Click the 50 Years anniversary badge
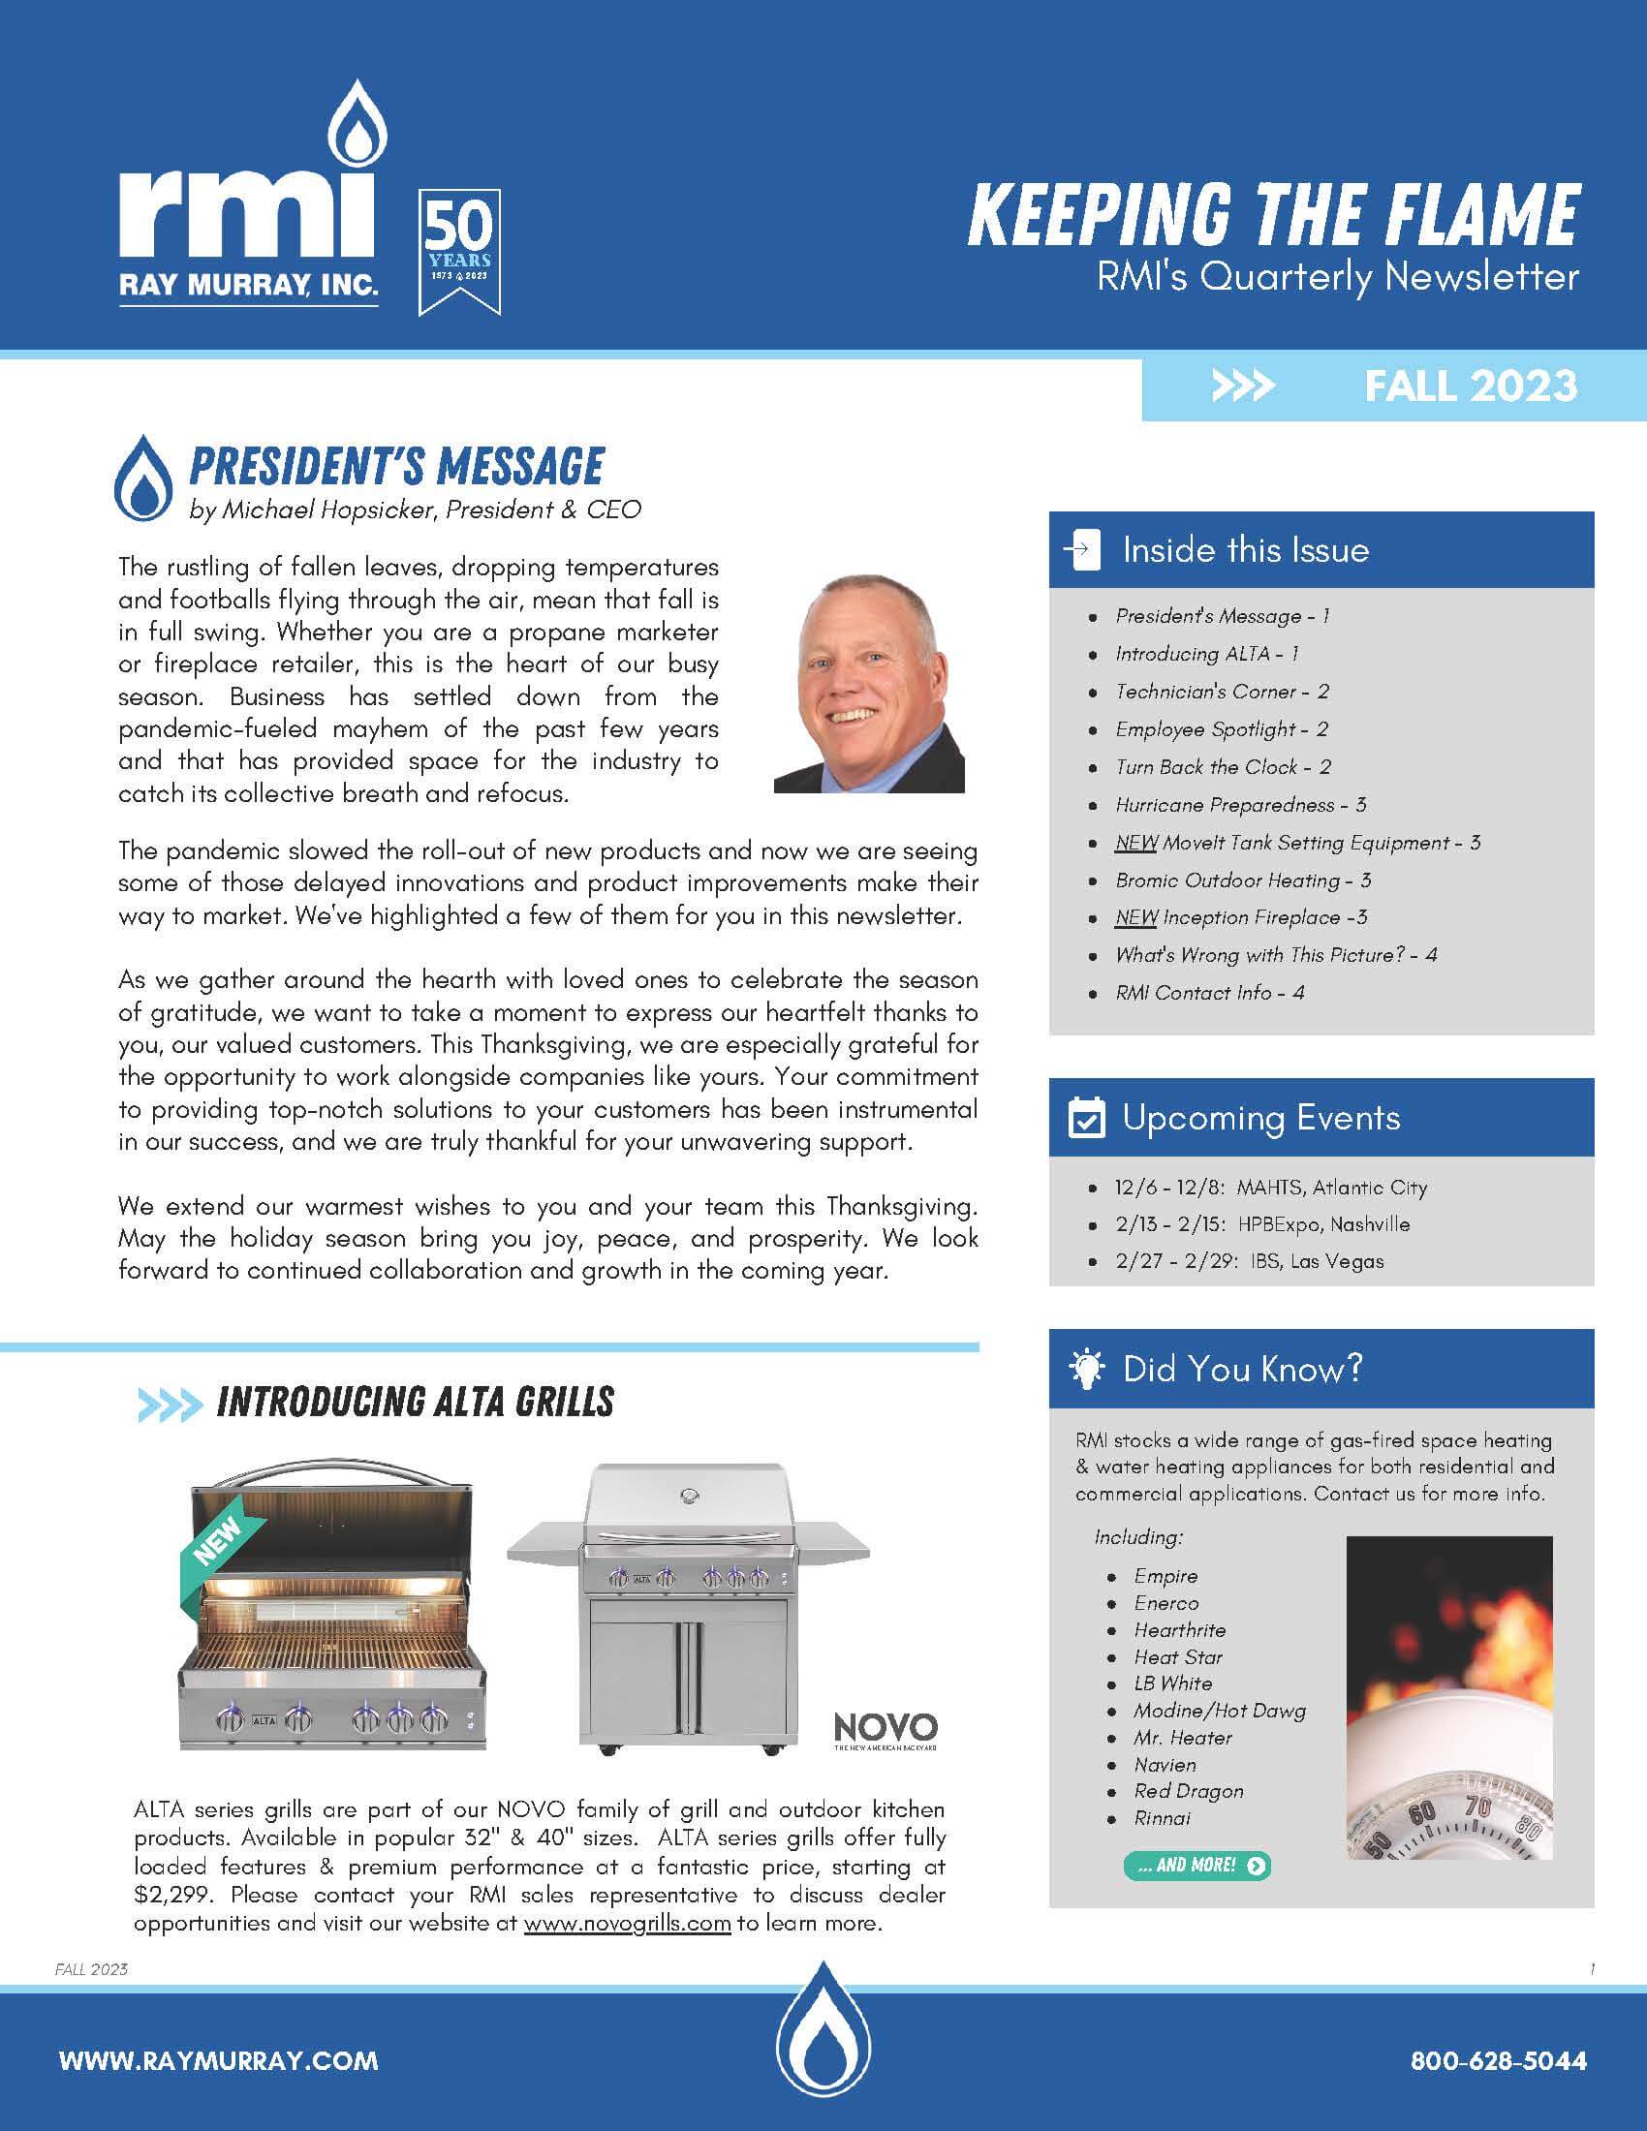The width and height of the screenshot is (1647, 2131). pos(459,252)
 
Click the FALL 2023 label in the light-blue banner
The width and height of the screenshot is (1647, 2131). pos(1470,386)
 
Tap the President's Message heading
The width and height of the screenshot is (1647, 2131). pos(396,467)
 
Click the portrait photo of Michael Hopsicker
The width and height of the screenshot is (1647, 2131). pos(868,684)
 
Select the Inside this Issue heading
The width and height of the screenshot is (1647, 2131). pos(1245,550)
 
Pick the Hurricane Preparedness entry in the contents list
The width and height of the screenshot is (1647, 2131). pos(1240,805)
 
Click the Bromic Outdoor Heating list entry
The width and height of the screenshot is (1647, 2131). pos(1243,880)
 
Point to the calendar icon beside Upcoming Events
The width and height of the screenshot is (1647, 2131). pos(1086,1118)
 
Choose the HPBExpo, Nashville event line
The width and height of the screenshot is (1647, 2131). pos(1261,1224)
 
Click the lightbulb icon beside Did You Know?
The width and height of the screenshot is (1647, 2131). pos(1086,1369)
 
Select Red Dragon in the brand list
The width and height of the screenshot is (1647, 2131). pos(1189,1791)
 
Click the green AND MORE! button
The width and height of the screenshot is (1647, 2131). pos(1197,1866)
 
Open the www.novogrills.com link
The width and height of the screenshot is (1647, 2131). pos(628,1923)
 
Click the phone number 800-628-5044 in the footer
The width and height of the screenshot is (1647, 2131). pos(1498,2061)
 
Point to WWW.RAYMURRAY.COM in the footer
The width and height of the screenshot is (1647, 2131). pos(219,2061)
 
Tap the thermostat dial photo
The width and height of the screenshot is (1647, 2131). pos(1449,1699)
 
